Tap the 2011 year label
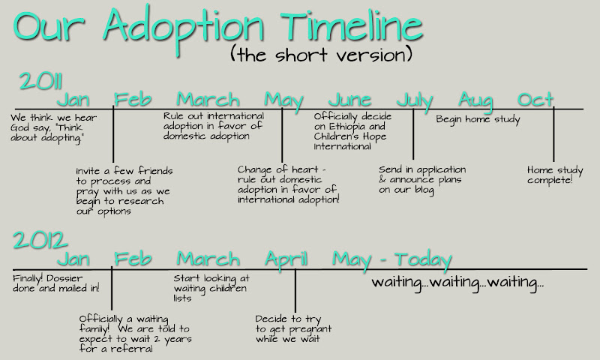pyautogui.click(x=40, y=81)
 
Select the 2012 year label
pyautogui.click(x=40, y=240)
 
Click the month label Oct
pyautogui.click(x=535, y=100)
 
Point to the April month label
pyautogui.click(x=286, y=259)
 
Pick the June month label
pyautogui.click(x=349, y=100)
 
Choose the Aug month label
pyautogui.click(x=475, y=101)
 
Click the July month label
pyautogui.click(x=415, y=101)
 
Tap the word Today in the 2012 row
pyautogui.click(x=423, y=259)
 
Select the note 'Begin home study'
pyautogui.click(x=478, y=120)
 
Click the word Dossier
pyautogui.click(x=64, y=278)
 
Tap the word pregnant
pyautogui.click(x=310, y=329)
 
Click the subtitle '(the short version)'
pyautogui.click(x=322, y=54)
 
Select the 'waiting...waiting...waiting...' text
pyautogui.click(x=457, y=283)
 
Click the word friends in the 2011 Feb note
pyautogui.click(x=155, y=170)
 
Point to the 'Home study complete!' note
pyautogui.click(x=555, y=175)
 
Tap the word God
pyautogui.click(x=20, y=127)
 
